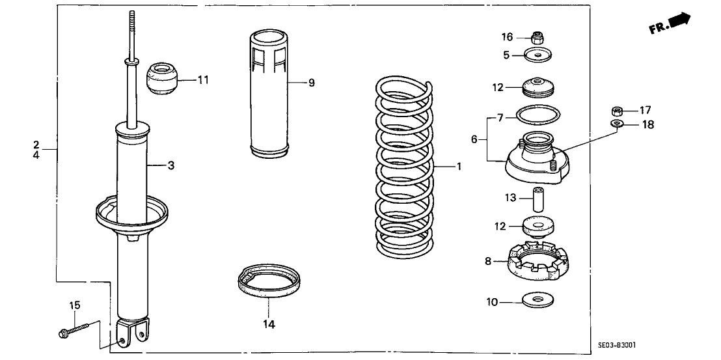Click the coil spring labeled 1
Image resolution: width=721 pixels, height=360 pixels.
[x=403, y=169]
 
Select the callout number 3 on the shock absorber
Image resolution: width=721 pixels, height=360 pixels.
[x=170, y=166]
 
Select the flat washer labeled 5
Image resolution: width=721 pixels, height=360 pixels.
[x=537, y=55]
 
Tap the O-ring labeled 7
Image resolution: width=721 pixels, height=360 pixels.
[x=537, y=116]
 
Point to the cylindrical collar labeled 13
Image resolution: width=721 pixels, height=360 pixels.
[x=537, y=197]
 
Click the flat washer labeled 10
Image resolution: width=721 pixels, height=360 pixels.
[x=537, y=300]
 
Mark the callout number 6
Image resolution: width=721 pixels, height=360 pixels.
[x=474, y=139]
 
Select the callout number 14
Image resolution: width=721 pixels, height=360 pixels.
[x=269, y=324]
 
